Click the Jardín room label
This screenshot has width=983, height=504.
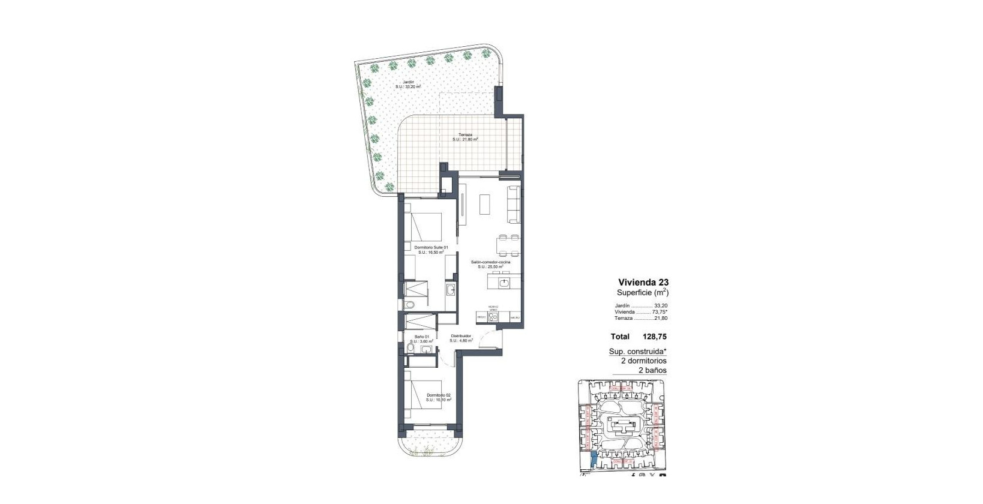coord(407,84)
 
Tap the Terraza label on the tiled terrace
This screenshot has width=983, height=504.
coord(465,137)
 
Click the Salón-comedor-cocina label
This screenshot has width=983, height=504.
coord(490,265)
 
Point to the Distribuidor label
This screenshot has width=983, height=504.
coord(461,338)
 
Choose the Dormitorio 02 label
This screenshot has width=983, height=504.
coord(439,397)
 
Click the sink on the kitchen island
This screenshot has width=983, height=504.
coord(504,281)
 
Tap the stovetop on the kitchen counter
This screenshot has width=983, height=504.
coord(493,317)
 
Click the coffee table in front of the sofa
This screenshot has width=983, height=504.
coord(485,204)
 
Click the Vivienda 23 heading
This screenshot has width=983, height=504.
coord(643,282)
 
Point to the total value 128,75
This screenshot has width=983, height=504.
coord(655,337)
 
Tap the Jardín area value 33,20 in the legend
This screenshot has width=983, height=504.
coord(661,305)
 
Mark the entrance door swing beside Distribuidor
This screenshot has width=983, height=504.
coord(490,341)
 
